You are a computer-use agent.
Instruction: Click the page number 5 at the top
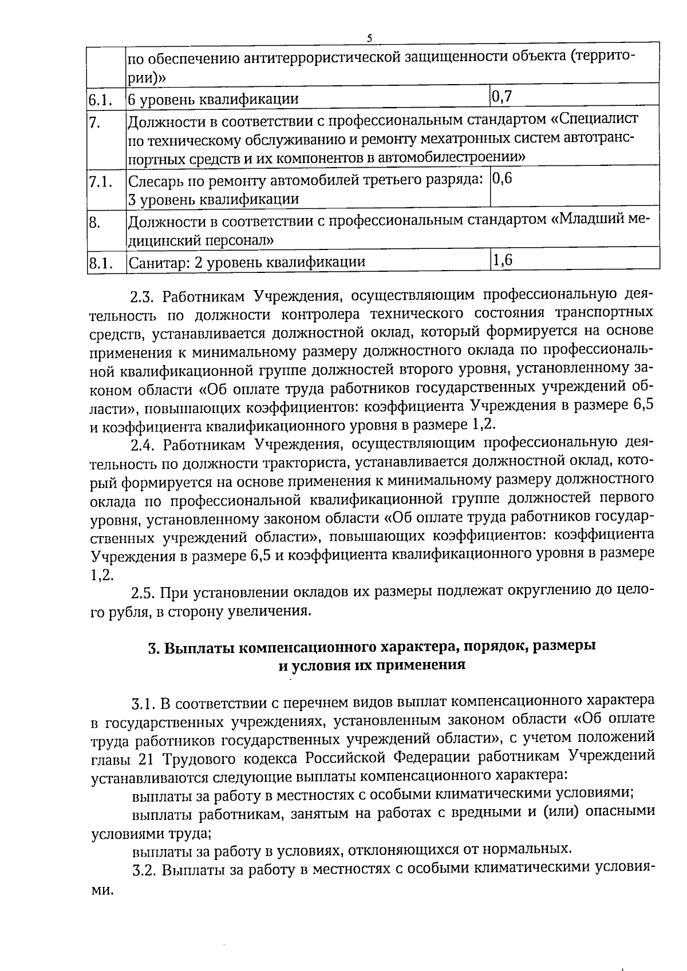tap(369, 38)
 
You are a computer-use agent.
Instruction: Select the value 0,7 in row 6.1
tap(502, 96)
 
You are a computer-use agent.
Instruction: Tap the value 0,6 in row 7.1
tap(502, 178)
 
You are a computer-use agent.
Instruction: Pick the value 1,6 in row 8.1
tap(502, 260)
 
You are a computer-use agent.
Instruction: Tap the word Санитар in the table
tap(153, 263)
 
